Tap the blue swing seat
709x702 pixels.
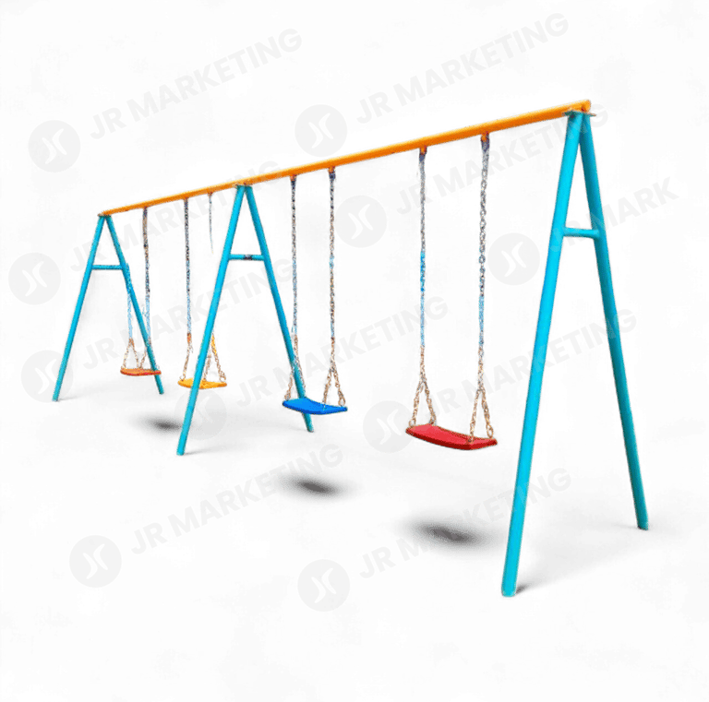point(314,405)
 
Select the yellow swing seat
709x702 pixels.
point(202,380)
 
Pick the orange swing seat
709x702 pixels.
point(139,371)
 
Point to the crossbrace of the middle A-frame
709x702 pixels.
point(247,257)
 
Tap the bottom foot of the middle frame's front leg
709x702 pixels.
point(181,451)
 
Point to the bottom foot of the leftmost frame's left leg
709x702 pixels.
point(58,397)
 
